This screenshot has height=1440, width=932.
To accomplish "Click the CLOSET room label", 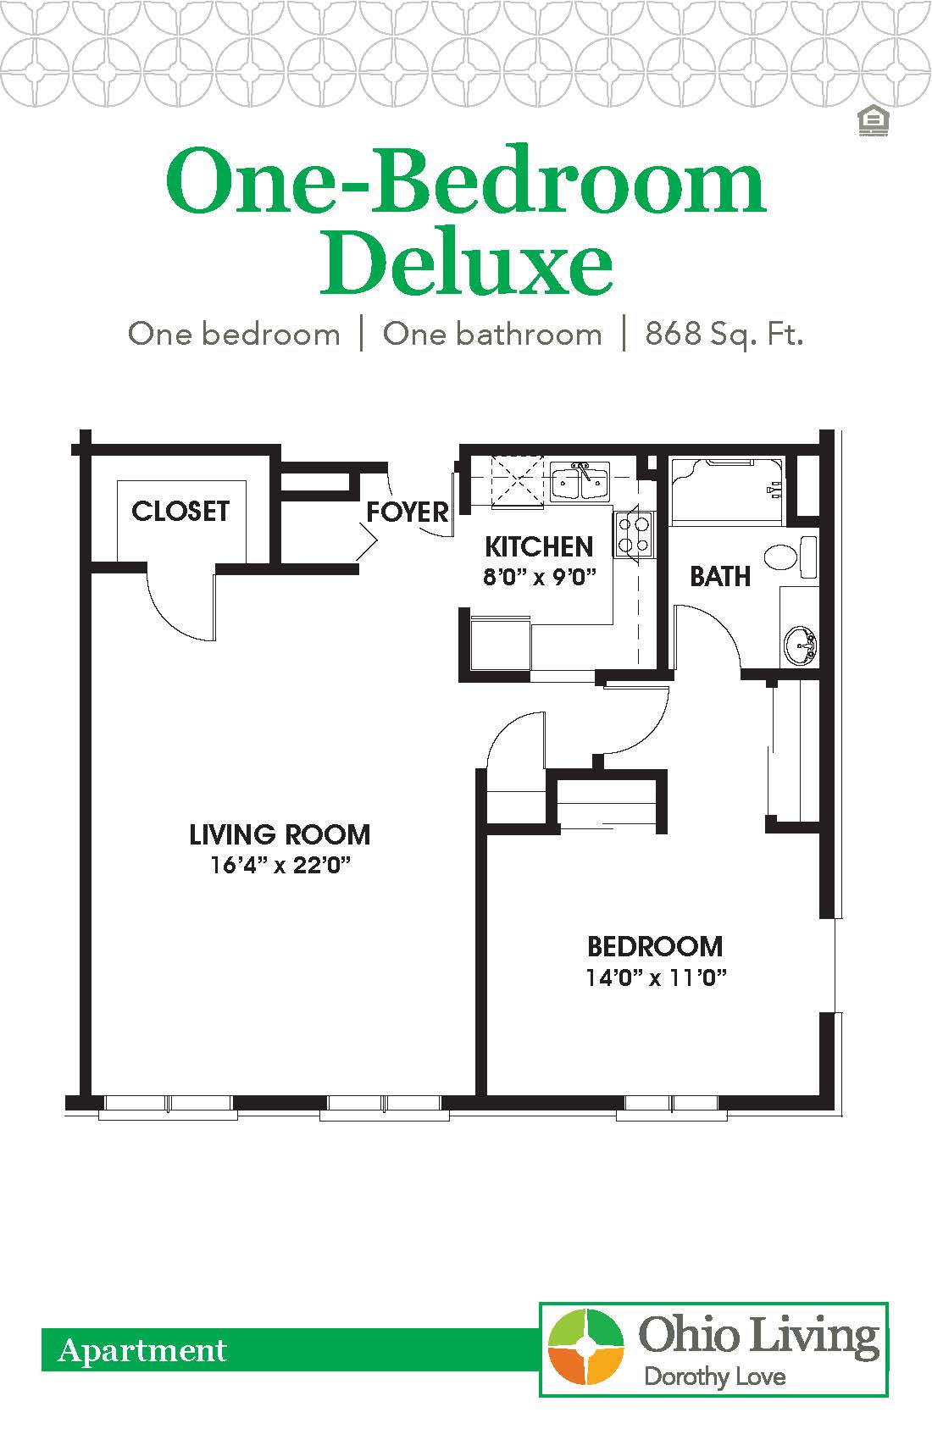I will pos(180,511).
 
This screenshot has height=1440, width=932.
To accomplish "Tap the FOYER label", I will pos(407,512).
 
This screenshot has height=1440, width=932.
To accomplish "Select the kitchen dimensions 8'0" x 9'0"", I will pos(540,578).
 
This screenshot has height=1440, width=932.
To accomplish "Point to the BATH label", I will pos(719,577).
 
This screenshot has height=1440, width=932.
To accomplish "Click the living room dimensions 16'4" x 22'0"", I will pos(280,866).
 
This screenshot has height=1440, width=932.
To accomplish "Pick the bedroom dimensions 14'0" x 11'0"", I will pos(656,978).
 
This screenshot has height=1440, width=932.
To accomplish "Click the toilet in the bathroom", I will pos(788,556).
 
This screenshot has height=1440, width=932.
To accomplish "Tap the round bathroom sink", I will pos(799,646).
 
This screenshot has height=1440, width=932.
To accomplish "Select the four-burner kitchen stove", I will pos(633,534).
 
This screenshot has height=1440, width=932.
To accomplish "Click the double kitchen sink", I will pos(580,483).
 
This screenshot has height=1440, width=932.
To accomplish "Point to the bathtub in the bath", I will pos(727,490).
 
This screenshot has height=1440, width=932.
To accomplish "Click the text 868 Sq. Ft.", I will pos(724,334).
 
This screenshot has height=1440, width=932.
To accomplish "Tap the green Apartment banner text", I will pos(142,1351).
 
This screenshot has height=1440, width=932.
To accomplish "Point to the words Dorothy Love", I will pos(714,1376).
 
